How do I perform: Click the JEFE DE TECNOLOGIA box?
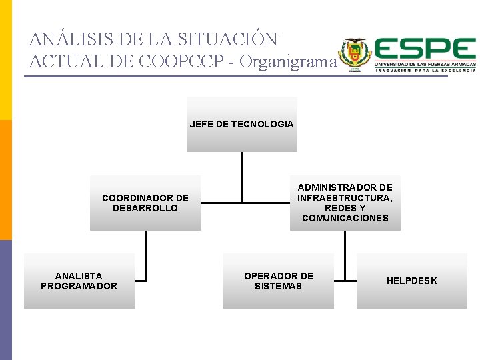pos(241,124)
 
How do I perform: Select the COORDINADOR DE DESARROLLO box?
pos(145,203)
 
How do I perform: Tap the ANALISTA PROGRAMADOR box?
pos(79,281)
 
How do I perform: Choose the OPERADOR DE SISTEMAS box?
pos(278,281)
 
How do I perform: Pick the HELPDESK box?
pos(411,281)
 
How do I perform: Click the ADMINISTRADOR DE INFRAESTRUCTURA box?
pos(345,203)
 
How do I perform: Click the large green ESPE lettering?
pos(425,49)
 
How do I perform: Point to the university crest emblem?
pos(353,53)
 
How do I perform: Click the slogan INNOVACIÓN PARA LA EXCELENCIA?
pos(425,70)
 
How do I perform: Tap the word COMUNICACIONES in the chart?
pos(345,218)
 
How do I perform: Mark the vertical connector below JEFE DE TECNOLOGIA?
pos(242,176)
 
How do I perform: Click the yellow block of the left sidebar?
pos(6,60)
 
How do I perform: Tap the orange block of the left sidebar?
pos(6,180)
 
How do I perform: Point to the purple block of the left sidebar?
pos(6,300)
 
